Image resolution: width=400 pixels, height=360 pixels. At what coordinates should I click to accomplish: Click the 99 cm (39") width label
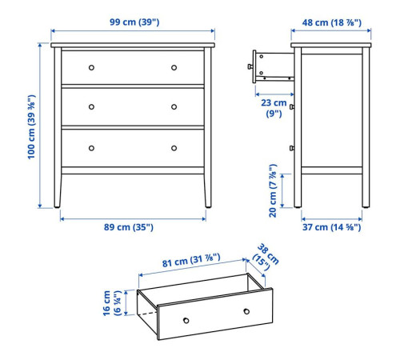tap(134, 22)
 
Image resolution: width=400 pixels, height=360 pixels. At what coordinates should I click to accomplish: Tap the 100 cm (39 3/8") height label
tap(31, 127)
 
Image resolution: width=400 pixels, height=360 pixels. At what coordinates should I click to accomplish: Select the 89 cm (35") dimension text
tap(129, 227)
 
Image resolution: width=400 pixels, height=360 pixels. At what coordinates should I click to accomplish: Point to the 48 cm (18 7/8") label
tap(332, 22)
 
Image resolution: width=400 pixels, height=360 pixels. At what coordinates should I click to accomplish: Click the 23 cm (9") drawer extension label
tap(274, 108)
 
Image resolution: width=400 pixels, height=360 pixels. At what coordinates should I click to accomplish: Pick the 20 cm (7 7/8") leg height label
tap(273, 190)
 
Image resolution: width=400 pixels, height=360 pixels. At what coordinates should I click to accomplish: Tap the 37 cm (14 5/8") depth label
tap(331, 227)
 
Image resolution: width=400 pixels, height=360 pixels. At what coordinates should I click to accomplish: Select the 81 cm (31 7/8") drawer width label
tap(191, 260)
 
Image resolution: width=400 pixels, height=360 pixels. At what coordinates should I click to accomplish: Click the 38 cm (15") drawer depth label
tap(266, 257)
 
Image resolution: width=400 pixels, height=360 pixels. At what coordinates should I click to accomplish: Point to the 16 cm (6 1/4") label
tap(112, 303)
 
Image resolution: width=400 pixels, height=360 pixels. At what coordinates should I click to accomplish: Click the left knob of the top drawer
tap(91, 67)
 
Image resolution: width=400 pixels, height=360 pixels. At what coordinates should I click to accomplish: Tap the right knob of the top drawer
tap(174, 67)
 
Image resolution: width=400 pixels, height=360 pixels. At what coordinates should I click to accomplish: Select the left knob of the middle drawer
tap(91, 107)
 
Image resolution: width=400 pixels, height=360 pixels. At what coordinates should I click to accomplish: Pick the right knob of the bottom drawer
tap(174, 148)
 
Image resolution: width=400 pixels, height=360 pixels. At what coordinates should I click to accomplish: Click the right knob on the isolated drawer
tap(246, 311)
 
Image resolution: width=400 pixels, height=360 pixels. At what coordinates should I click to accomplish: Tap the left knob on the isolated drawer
tap(186, 320)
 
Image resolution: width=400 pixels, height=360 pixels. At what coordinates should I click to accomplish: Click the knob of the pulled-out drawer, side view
tap(250, 66)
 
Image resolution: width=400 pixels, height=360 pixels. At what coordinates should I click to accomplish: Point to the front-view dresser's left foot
tap(57, 206)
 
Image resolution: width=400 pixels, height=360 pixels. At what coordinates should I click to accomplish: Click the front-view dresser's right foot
tap(208, 206)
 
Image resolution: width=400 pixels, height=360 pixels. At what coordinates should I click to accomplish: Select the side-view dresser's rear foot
tap(366, 206)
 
